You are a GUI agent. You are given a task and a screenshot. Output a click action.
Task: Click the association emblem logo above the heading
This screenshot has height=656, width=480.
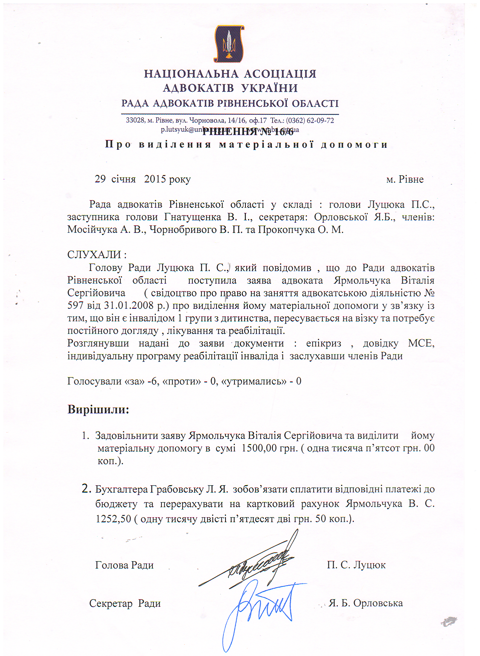[229, 44]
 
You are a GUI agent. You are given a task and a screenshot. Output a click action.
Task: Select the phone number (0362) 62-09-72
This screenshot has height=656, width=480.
[310, 120]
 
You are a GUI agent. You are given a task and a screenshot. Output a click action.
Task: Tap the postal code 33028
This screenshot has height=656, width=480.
[135, 120]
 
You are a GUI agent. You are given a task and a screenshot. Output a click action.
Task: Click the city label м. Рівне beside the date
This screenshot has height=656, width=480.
[405, 179]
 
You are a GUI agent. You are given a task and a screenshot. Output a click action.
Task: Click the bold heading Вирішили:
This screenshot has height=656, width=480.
[98, 409]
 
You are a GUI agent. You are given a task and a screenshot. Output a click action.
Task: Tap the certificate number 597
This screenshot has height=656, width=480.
[75, 305]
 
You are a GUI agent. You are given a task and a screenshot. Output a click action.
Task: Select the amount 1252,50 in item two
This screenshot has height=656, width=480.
[113, 519]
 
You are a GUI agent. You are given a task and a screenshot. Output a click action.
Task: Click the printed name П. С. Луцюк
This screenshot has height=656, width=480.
[356, 565]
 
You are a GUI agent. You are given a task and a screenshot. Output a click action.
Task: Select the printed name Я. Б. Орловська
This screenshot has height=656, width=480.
[366, 603]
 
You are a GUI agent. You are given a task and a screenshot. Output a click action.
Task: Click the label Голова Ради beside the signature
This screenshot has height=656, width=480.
[124, 565]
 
